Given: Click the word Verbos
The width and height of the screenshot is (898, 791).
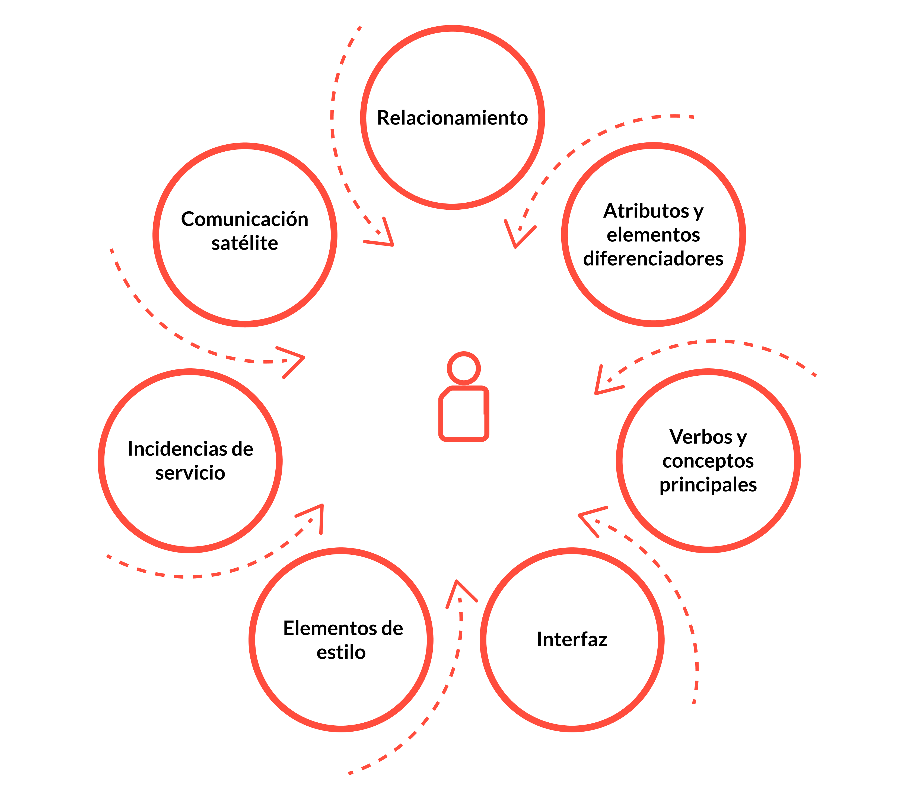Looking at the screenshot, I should tap(701, 437).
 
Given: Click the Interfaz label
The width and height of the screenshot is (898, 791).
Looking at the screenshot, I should tap(572, 639).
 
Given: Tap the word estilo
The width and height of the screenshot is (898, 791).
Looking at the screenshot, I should tap(341, 652).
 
